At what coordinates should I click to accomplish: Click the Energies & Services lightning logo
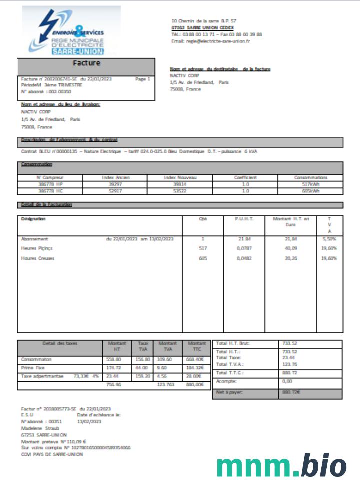click(71, 31)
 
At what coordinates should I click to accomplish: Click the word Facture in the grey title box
click(86, 63)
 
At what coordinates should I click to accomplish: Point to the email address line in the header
click(210, 41)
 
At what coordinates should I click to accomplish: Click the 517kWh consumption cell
click(310, 184)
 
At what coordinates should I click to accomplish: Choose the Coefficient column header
click(245, 177)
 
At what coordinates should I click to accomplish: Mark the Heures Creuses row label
click(38, 258)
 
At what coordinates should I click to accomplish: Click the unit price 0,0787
click(245, 248)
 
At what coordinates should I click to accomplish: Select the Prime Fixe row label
click(32, 368)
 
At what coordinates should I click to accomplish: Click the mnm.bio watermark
click(281, 466)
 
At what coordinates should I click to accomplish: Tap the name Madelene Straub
click(40, 428)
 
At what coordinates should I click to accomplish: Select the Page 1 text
click(142, 79)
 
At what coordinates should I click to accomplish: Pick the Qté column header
click(203, 219)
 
